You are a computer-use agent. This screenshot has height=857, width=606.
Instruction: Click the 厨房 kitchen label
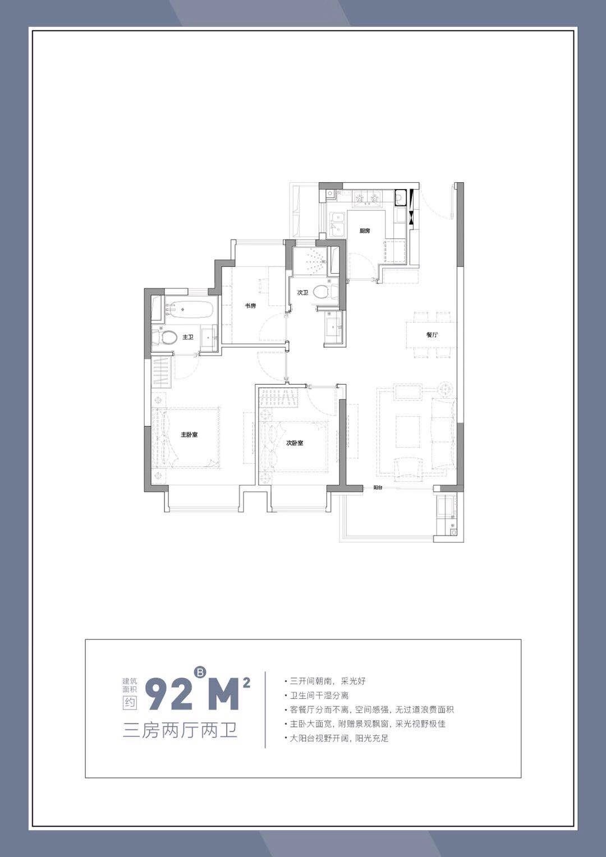[x=365, y=231]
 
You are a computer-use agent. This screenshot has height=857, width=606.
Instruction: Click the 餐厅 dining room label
[x=432, y=334]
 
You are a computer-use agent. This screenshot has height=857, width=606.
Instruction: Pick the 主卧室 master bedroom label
[x=189, y=435]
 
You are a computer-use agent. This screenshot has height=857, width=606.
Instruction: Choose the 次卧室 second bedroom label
[x=295, y=443]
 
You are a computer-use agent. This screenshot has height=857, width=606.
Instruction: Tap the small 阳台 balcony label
[x=378, y=488]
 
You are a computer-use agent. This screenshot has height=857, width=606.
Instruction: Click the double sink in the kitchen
[x=337, y=225]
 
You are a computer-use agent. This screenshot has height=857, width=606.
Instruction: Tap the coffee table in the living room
[x=408, y=431]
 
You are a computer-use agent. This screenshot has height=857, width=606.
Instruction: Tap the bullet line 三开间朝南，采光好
[x=325, y=681]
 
